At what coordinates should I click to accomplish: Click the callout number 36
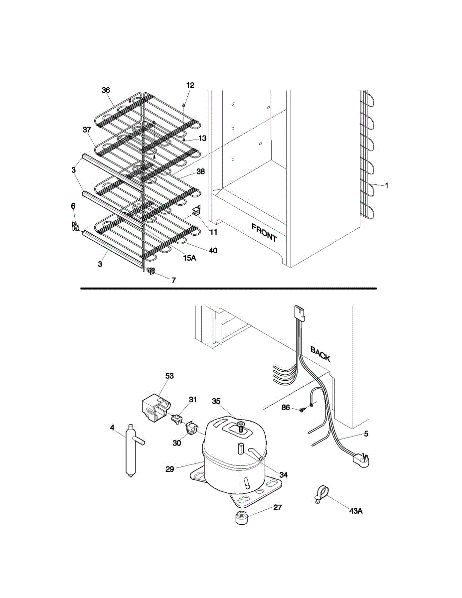coord(106,90)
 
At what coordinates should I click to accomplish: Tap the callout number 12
coord(190,85)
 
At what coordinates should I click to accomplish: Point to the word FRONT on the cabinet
coord(264,233)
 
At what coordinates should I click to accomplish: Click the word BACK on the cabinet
coord(320,354)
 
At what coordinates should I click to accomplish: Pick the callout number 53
coord(169,376)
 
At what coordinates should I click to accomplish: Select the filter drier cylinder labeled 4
coord(131,450)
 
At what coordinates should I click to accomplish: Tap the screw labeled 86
coord(302,410)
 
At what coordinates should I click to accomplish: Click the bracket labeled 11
coord(196,211)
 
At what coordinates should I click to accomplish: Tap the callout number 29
coord(169,469)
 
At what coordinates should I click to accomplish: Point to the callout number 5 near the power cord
coord(366,434)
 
